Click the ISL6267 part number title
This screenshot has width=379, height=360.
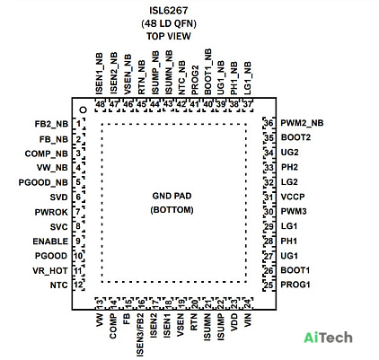click(x=169, y=11)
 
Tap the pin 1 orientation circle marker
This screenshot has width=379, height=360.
click(x=84, y=110)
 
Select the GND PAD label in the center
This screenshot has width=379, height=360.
click(x=172, y=196)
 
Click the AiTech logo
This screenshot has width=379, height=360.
click(x=328, y=338)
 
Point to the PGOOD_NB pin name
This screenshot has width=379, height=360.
click(x=43, y=182)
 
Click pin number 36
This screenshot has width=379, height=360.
click(x=269, y=123)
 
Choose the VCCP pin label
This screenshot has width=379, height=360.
click(x=293, y=197)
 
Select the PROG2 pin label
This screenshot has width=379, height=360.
click(x=195, y=80)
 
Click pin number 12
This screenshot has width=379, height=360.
click(x=78, y=285)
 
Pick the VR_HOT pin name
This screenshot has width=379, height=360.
click(x=50, y=271)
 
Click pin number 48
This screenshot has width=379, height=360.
click(x=100, y=105)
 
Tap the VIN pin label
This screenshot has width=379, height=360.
click(x=248, y=320)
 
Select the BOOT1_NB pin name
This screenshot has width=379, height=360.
click(x=207, y=72)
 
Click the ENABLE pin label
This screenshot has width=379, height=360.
click(x=50, y=241)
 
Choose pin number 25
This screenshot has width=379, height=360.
click(x=269, y=285)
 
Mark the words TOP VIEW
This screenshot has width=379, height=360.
click(x=169, y=36)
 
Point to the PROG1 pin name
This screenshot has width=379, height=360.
click(x=295, y=285)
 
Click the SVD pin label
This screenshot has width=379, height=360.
click(x=59, y=198)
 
